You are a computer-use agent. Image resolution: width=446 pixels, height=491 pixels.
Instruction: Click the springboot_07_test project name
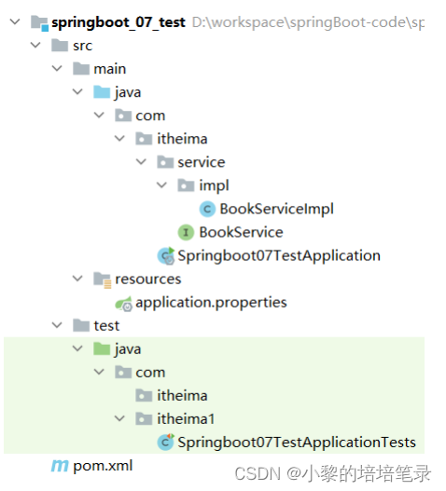[x=118, y=22]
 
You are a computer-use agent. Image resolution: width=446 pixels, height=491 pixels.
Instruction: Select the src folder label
[x=82, y=46]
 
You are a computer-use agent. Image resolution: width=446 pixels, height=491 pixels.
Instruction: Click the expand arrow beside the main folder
[x=57, y=68]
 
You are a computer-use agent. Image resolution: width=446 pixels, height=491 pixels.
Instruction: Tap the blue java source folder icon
[x=102, y=92]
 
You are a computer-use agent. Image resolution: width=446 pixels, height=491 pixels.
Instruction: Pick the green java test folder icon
[x=102, y=348]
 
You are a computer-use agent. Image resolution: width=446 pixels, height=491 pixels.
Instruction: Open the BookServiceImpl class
[x=276, y=209]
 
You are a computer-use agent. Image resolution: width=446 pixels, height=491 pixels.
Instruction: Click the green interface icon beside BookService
[x=186, y=232]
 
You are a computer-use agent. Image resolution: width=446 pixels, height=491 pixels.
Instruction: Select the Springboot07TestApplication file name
[x=279, y=255]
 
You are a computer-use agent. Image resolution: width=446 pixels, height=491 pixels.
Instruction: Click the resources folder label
[x=147, y=279]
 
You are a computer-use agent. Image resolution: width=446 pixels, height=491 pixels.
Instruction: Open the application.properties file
[x=211, y=303]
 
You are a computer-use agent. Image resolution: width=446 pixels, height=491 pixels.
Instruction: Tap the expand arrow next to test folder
[x=57, y=325]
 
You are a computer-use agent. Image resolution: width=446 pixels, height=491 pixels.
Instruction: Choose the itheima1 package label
[x=186, y=419]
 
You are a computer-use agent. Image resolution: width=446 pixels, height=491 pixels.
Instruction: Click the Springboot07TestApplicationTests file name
[x=297, y=443]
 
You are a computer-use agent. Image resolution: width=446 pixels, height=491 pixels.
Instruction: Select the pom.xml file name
[x=103, y=466]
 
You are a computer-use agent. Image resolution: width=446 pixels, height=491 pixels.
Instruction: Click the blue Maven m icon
[x=60, y=466]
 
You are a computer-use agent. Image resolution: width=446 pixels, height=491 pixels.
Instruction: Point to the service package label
[x=202, y=162]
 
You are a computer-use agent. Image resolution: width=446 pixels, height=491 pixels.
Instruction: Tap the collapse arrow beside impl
[x=161, y=185]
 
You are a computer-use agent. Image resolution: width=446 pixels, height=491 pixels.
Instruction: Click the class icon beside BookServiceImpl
[x=207, y=209]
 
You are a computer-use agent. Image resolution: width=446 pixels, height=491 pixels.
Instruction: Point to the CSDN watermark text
[x=332, y=473]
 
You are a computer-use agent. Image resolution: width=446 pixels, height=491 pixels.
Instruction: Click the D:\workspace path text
[x=308, y=22]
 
